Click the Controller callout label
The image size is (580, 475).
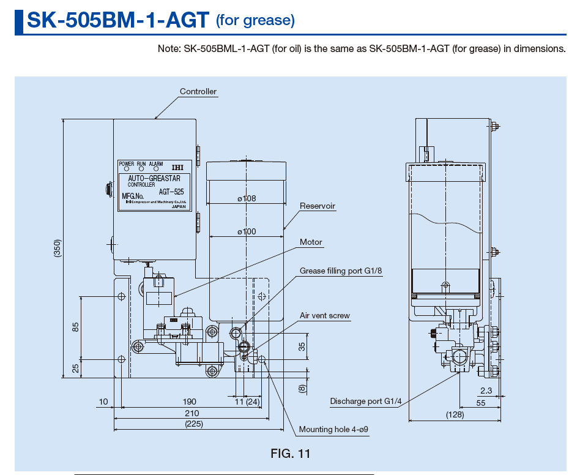tap(198, 92)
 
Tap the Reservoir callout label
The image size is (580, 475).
tap(318, 206)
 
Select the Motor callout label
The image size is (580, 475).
tap(311, 242)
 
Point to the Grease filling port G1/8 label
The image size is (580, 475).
tap(341, 271)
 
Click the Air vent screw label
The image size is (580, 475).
tap(325, 316)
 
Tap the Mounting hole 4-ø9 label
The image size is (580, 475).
tap(333, 430)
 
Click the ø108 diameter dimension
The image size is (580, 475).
tap(247, 198)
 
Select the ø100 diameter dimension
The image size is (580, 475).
tap(247, 231)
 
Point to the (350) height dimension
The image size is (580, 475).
tap(57, 247)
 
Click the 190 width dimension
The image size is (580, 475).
tap(190, 402)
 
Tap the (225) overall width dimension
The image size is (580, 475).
tap(194, 424)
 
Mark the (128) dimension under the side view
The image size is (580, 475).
tap(454, 415)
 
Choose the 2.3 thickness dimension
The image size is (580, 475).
tap(486, 391)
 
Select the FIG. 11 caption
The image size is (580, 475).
tap(291, 454)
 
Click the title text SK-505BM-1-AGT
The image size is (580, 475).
tap(118, 20)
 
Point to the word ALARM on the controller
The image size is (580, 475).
tap(156, 164)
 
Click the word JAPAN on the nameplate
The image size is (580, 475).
tap(179, 207)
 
